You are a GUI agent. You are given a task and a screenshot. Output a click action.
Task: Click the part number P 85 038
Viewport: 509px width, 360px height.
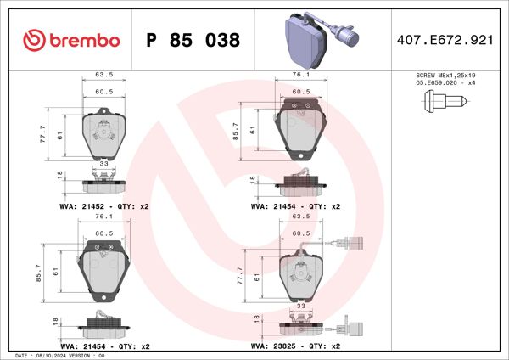(193, 40)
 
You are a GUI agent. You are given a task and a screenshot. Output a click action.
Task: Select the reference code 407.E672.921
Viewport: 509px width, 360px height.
(445, 40)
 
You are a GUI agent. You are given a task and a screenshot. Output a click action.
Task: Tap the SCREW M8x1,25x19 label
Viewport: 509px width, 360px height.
(445, 76)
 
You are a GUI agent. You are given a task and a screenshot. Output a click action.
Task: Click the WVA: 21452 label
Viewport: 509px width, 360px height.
(81, 206)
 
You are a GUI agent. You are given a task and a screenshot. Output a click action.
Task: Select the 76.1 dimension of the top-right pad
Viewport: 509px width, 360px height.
(301, 75)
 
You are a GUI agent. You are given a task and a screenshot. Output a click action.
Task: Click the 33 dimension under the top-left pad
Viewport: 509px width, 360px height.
(103, 162)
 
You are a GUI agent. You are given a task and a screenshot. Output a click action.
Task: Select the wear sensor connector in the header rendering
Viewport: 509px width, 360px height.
(347, 36)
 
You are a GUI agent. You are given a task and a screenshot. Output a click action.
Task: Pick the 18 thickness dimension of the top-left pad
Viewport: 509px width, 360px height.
(59, 175)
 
